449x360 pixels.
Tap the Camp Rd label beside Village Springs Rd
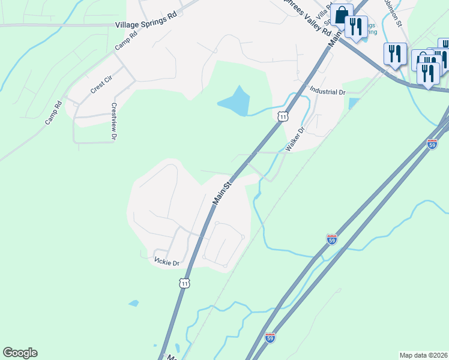tap(126, 41)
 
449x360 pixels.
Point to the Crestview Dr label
tap(113, 121)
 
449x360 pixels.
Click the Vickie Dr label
tap(167, 263)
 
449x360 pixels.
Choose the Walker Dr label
tap(296, 138)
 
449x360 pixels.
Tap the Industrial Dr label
tap(328, 92)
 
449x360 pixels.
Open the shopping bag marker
tap(342, 14)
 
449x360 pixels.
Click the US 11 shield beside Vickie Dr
tap(185, 281)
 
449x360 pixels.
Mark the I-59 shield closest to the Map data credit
tap(270, 338)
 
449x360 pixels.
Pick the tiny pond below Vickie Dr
tap(133, 303)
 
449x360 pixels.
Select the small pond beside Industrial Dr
tap(353, 103)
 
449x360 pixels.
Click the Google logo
tap(20, 353)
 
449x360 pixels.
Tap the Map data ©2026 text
tap(423, 355)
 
